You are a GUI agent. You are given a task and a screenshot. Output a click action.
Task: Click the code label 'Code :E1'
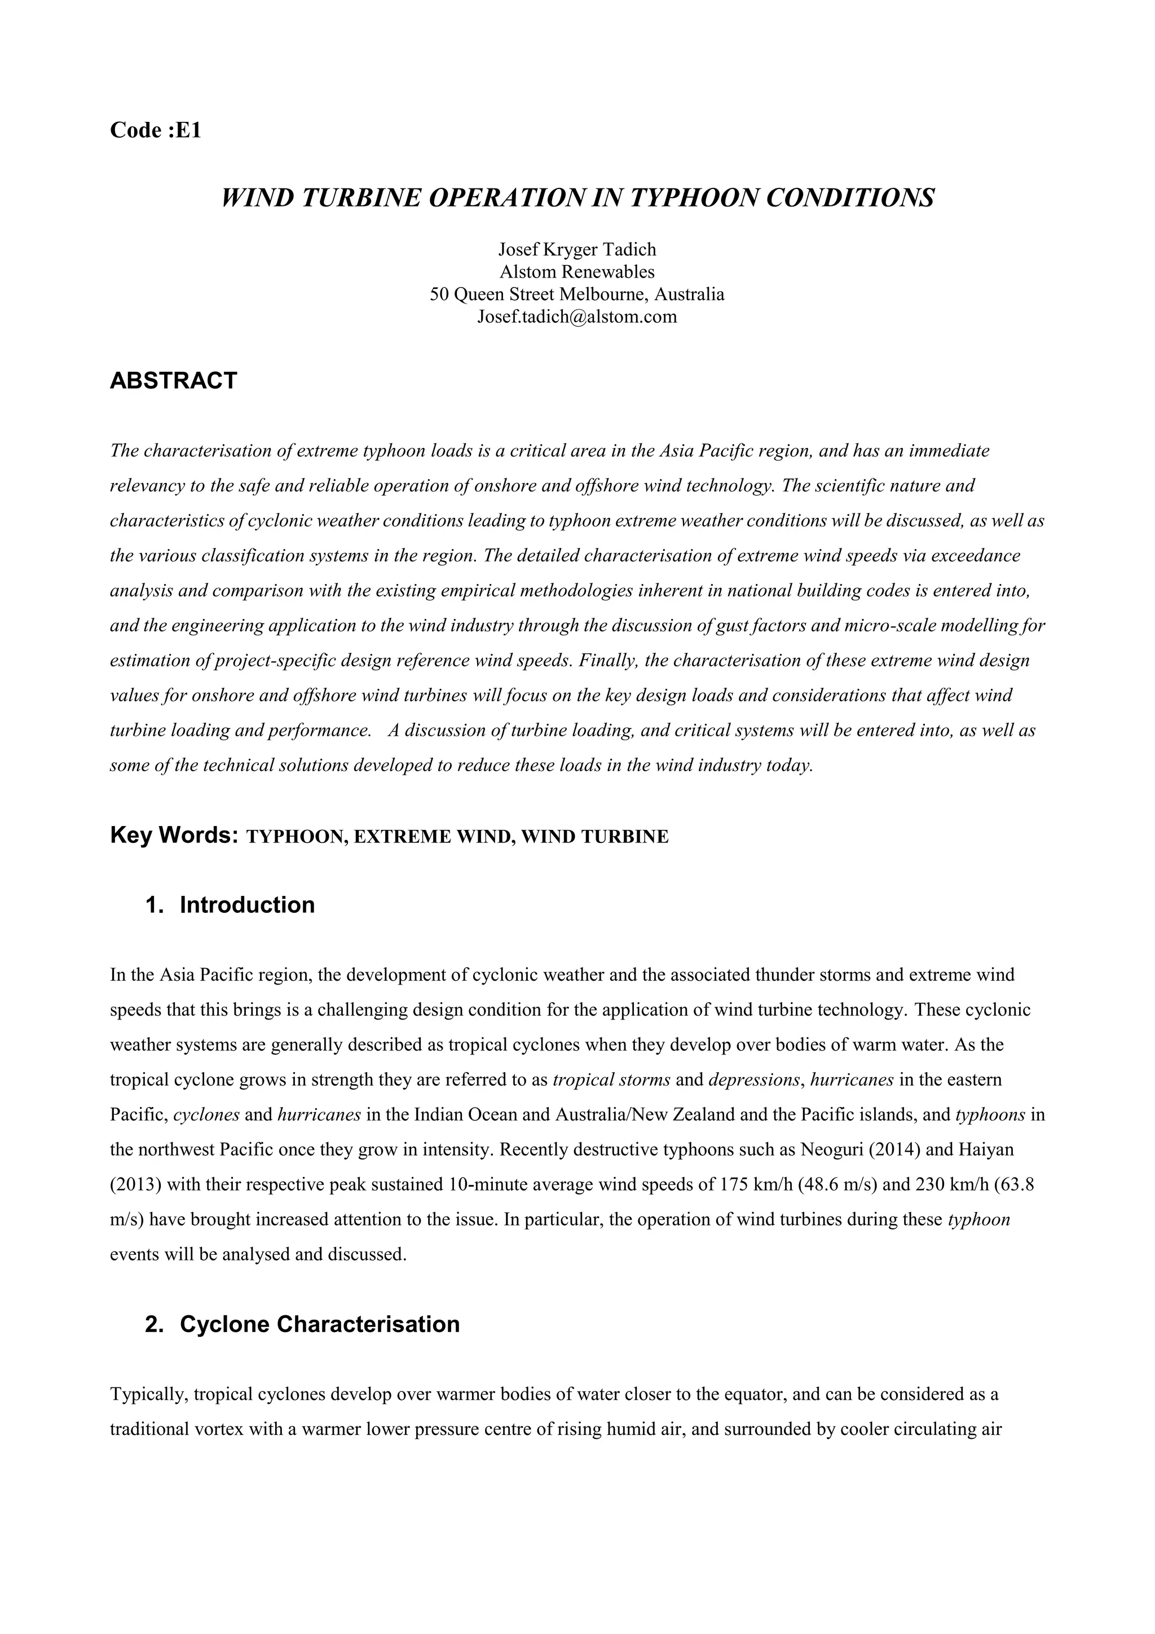point(156,130)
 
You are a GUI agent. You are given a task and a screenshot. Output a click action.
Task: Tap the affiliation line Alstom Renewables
point(577,272)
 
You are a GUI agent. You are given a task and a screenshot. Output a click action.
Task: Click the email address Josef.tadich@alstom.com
point(577,317)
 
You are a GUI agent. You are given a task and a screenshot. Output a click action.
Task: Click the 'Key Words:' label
point(174,835)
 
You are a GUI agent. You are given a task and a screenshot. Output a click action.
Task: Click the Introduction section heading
point(247,904)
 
